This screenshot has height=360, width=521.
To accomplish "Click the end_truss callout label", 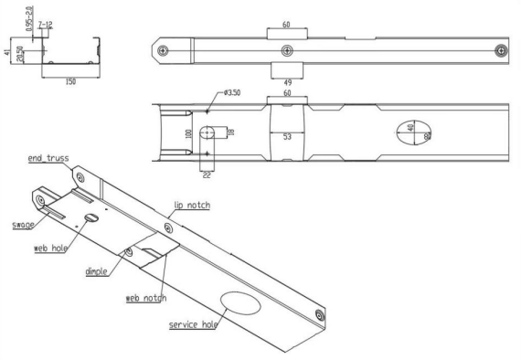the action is pos(48,158).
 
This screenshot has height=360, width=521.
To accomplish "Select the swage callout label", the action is pos(23,225).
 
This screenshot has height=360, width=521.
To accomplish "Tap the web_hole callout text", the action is pos(51,249).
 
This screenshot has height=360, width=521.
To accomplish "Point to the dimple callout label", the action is pos(96,271).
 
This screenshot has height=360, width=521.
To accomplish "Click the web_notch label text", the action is pos(146,298).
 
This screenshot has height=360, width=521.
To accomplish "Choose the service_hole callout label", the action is pos(193,324).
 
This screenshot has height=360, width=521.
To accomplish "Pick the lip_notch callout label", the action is pos(192,206).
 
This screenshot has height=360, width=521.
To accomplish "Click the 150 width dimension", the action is pos(70,81).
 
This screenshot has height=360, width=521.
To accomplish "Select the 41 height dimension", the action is pos(7,52).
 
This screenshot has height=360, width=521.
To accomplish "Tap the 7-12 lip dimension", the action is pos(45,25).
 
